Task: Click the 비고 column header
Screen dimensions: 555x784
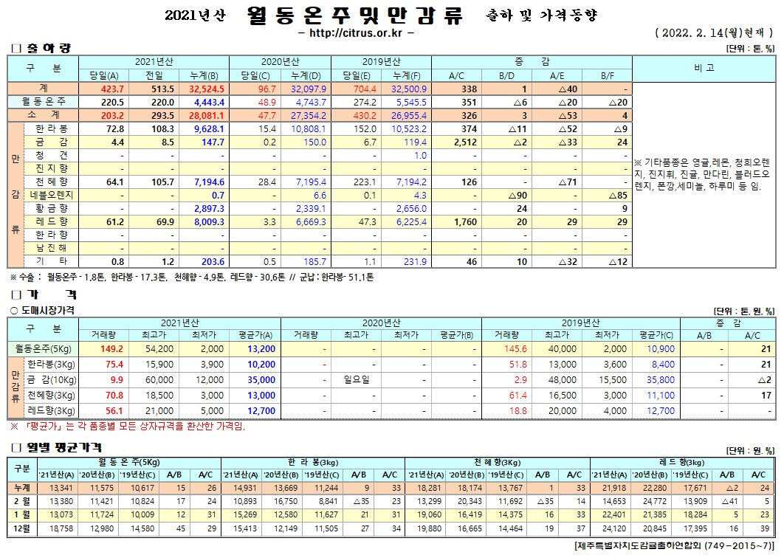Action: [x=704, y=68]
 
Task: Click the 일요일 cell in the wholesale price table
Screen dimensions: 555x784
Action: [x=357, y=379]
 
